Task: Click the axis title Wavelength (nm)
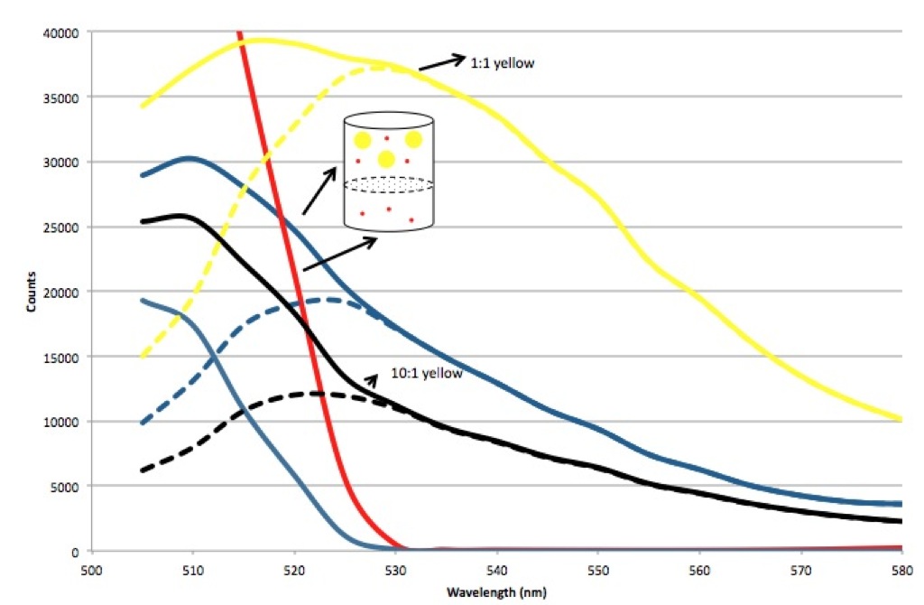495,592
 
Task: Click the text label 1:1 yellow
498,64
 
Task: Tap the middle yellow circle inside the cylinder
386,160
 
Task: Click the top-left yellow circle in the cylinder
362,140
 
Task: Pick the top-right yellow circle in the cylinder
414,140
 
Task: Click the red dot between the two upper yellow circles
388,138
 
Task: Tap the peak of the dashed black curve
317,393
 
